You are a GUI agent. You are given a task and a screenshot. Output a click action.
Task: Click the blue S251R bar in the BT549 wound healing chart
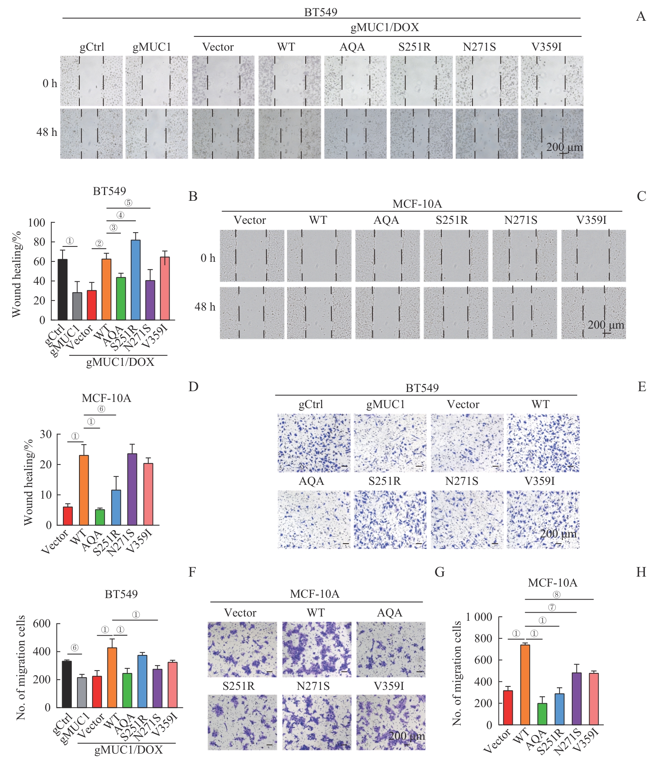coord(135,280)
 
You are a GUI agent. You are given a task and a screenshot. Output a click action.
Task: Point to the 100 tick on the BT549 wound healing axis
coord(37,223)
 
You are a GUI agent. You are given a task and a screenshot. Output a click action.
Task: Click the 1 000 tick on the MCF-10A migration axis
coord(479,617)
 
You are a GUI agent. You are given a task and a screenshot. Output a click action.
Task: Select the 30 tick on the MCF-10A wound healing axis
coord(46,435)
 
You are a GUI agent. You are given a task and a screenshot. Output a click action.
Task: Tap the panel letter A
coord(641,17)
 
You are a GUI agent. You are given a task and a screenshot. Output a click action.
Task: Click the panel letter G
coord(440,572)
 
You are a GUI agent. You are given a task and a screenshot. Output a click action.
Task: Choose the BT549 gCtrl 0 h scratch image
coord(91,81)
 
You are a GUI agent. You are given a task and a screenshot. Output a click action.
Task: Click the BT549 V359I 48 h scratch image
coord(552,134)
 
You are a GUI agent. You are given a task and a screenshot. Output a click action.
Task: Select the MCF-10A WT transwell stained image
coord(316,650)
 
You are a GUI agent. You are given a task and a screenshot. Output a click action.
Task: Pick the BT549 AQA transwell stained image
coord(314,519)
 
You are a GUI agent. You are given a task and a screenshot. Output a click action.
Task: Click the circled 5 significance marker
coord(128,203)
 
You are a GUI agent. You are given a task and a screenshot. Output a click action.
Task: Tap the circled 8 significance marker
coord(556,595)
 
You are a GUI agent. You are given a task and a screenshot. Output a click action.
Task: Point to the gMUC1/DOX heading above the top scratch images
coord(385,28)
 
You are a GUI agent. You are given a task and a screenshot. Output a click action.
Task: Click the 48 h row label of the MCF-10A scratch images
coord(205,307)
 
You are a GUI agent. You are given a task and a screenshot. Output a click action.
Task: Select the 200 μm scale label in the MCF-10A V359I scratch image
coord(606,325)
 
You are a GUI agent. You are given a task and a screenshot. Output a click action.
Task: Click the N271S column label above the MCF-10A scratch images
coord(520,220)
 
